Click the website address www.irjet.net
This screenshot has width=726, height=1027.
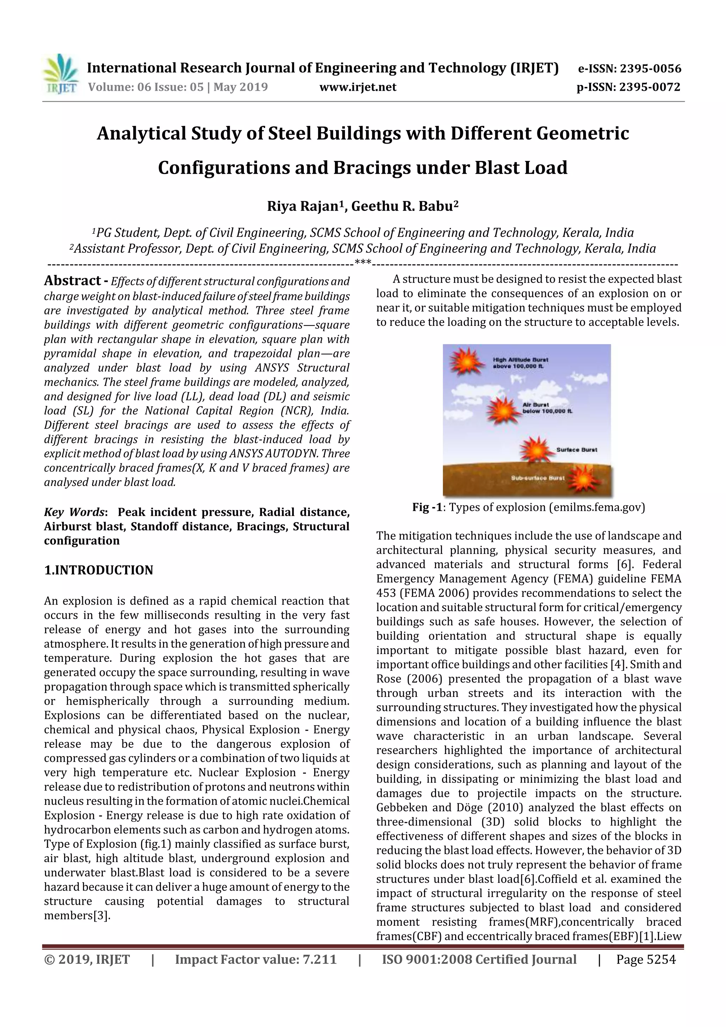coord(357,87)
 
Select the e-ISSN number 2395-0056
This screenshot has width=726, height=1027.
coord(650,68)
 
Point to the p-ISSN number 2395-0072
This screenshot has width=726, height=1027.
coord(649,87)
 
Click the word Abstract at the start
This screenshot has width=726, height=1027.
coord(72,280)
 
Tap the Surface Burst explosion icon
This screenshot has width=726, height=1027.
coord(535,449)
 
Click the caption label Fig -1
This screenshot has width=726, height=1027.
coord(428,507)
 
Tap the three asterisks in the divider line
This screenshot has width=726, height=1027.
coord(363,262)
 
